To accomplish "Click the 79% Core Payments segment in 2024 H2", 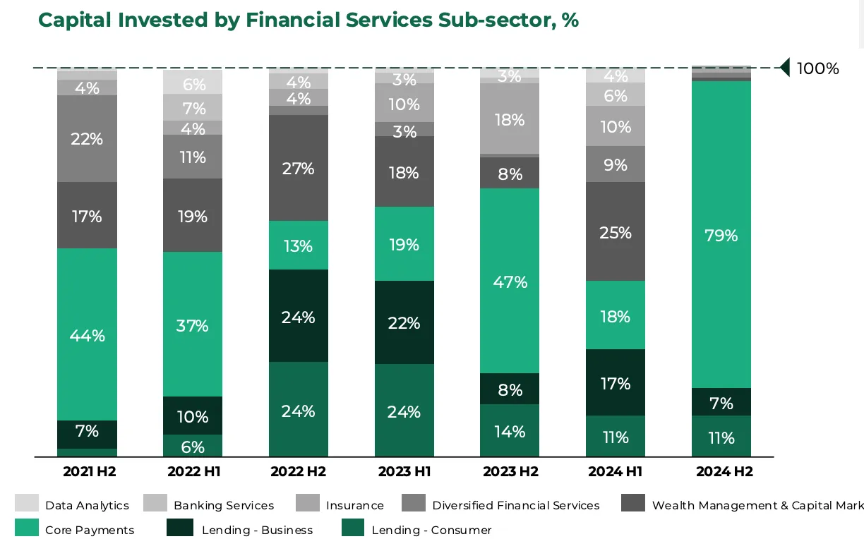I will (x=721, y=235).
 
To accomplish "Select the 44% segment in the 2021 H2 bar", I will (x=87, y=335).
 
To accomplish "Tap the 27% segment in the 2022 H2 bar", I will (x=299, y=169).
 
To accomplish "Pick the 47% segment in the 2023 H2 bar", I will (x=510, y=281).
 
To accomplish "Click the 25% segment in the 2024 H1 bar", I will (x=616, y=232).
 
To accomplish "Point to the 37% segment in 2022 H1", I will (x=193, y=325).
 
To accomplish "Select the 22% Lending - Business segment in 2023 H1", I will (x=404, y=322).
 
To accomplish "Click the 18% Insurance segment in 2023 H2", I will (x=510, y=119).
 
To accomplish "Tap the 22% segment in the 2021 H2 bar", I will (x=87, y=139).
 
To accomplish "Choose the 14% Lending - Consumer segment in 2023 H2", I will (x=510, y=431).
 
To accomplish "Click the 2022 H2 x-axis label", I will (x=299, y=472).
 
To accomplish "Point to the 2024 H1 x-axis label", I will (x=616, y=472).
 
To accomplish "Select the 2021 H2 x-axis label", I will (x=87, y=472).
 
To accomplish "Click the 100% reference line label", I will (x=817, y=68).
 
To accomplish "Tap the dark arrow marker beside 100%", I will (x=784, y=68).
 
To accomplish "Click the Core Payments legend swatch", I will (x=27, y=528).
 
